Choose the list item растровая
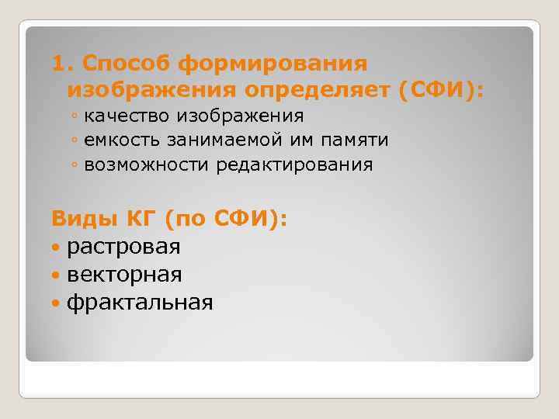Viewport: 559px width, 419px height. tap(123, 248)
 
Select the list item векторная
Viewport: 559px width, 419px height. tap(124, 275)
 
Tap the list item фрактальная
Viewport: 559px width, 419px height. tap(139, 302)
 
